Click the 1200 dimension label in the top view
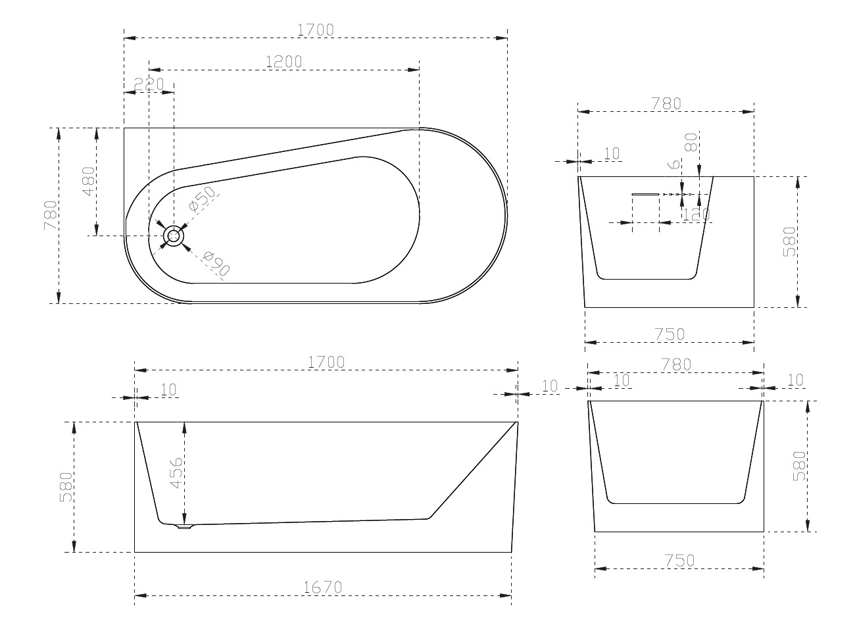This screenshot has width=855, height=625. click(x=284, y=61)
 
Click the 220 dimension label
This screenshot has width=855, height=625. click(x=148, y=84)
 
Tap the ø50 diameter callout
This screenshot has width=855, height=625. click(x=202, y=199)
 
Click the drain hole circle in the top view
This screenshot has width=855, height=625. click(x=174, y=236)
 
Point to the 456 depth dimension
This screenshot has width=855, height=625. click(x=176, y=473)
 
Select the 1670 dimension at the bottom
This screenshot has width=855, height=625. click(x=324, y=587)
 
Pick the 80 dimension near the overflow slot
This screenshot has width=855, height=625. click(x=690, y=143)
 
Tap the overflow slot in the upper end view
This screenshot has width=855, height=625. click(x=645, y=194)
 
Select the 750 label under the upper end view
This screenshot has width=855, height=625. click(x=670, y=334)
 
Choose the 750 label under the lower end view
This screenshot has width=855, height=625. click(x=679, y=561)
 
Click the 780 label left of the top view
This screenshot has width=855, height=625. click(x=51, y=215)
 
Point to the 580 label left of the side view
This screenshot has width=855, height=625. click(x=66, y=488)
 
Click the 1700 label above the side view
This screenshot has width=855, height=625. click(x=326, y=361)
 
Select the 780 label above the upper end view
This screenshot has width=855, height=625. click(x=666, y=103)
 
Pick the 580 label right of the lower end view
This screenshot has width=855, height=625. click(x=800, y=466)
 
